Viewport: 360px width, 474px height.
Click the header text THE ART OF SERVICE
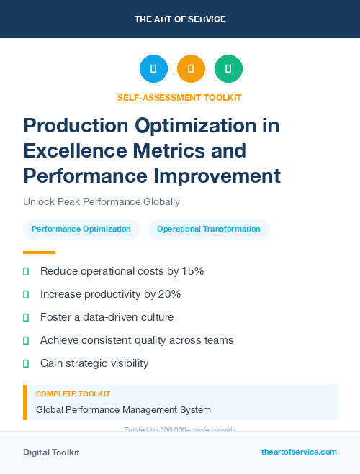coord(180,19)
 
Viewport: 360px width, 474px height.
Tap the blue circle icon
coord(153,69)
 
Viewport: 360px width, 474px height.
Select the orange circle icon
coord(191,69)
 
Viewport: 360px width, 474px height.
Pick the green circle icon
coord(228,69)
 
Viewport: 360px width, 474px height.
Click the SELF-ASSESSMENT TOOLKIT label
coord(179,97)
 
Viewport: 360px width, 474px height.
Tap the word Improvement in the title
coord(220,176)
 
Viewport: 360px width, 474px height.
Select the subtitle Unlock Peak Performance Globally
coord(101,202)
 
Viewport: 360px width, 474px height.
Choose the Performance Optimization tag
coord(81,229)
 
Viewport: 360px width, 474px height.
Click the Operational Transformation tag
coord(209,229)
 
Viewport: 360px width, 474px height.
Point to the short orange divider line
coord(39,252)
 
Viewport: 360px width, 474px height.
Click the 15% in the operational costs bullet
coord(193,271)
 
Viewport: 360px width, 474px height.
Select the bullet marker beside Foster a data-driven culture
coord(26,317)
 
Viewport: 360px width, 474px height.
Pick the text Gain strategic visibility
coord(94,363)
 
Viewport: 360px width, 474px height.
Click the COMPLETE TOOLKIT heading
coord(73,394)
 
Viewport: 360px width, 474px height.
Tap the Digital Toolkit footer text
coord(51,452)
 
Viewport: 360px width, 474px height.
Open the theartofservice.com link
coord(299,452)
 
